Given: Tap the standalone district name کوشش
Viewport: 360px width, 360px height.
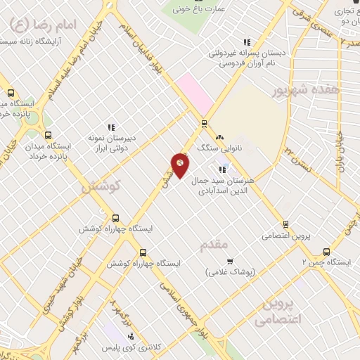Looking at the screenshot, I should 101,186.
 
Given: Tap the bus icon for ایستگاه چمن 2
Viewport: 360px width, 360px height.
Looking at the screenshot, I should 326,252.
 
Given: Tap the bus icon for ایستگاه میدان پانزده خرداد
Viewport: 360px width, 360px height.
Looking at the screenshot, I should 47,136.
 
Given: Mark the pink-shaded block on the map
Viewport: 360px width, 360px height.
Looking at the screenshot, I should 195,94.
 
